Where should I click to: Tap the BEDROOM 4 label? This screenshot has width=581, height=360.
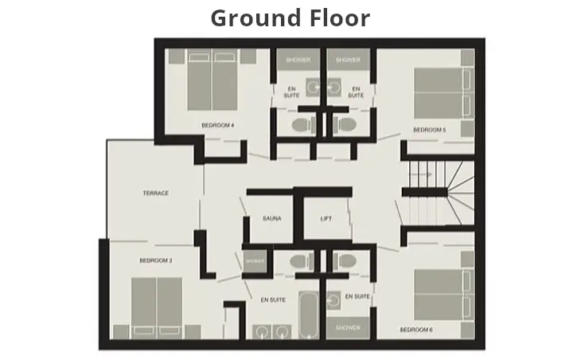click(216, 125)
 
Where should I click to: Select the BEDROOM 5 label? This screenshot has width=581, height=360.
click(429, 129)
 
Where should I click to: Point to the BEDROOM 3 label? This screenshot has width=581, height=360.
click(156, 260)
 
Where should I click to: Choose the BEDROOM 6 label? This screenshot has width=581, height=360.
click(416, 329)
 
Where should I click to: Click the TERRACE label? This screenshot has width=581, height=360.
click(156, 193)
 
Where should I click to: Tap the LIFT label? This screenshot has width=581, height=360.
click(326, 218)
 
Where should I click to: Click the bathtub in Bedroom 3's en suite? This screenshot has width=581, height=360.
click(306, 315)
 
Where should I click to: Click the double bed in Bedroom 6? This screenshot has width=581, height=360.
click(443, 294)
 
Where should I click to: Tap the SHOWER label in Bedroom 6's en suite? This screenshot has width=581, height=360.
click(348, 327)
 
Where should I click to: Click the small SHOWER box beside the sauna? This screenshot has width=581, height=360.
click(255, 261)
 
